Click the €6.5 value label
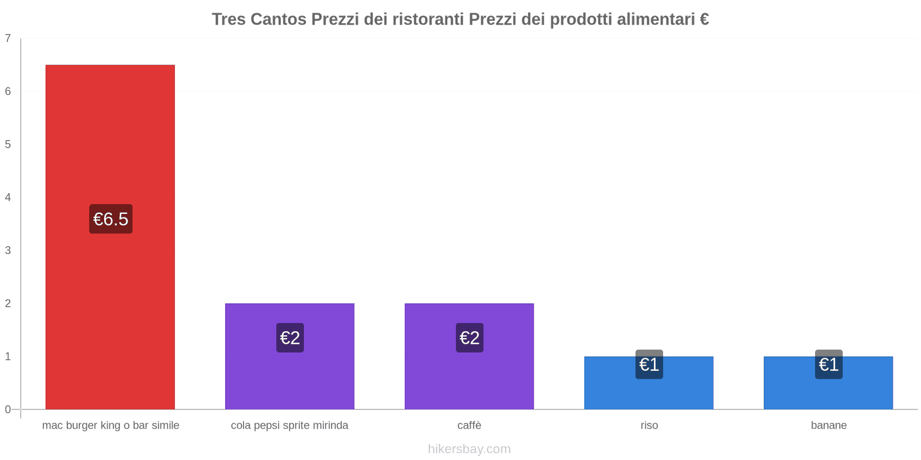click(111, 219)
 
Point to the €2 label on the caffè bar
click(469, 338)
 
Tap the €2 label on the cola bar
click(290, 338)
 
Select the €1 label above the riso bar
click(649, 364)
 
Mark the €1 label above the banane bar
click(828, 364)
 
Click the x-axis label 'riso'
click(649, 425)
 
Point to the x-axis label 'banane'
click(828, 425)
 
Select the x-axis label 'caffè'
click(469, 425)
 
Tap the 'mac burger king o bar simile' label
click(111, 425)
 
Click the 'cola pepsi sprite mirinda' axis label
click(290, 425)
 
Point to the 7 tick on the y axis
click(8, 39)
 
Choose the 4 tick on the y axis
click(8, 197)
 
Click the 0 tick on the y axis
click(8, 409)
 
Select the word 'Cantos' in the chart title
click(279, 20)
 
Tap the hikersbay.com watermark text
click(469, 449)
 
